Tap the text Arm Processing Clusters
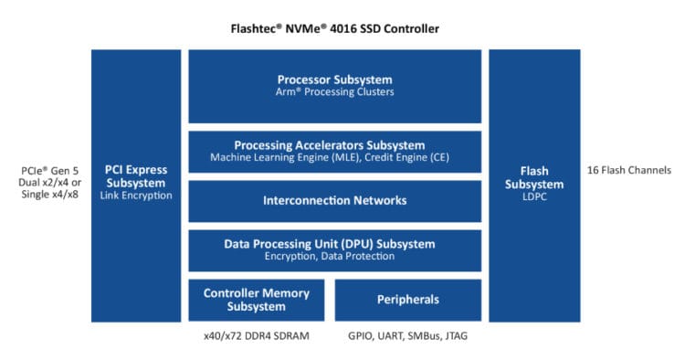(x=334, y=92)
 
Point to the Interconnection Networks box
(x=334, y=200)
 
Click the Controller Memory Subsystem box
(x=256, y=300)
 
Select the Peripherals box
(x=408, y=300)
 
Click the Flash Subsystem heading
(x=533, y=177)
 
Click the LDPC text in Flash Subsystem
(x=533, y=196)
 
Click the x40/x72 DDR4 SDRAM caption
(x=256, y=335)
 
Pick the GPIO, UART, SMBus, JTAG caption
(x=407, y=335)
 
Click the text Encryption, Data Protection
(x=334, y=257)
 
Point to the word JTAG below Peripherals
(x=453, y=335)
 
